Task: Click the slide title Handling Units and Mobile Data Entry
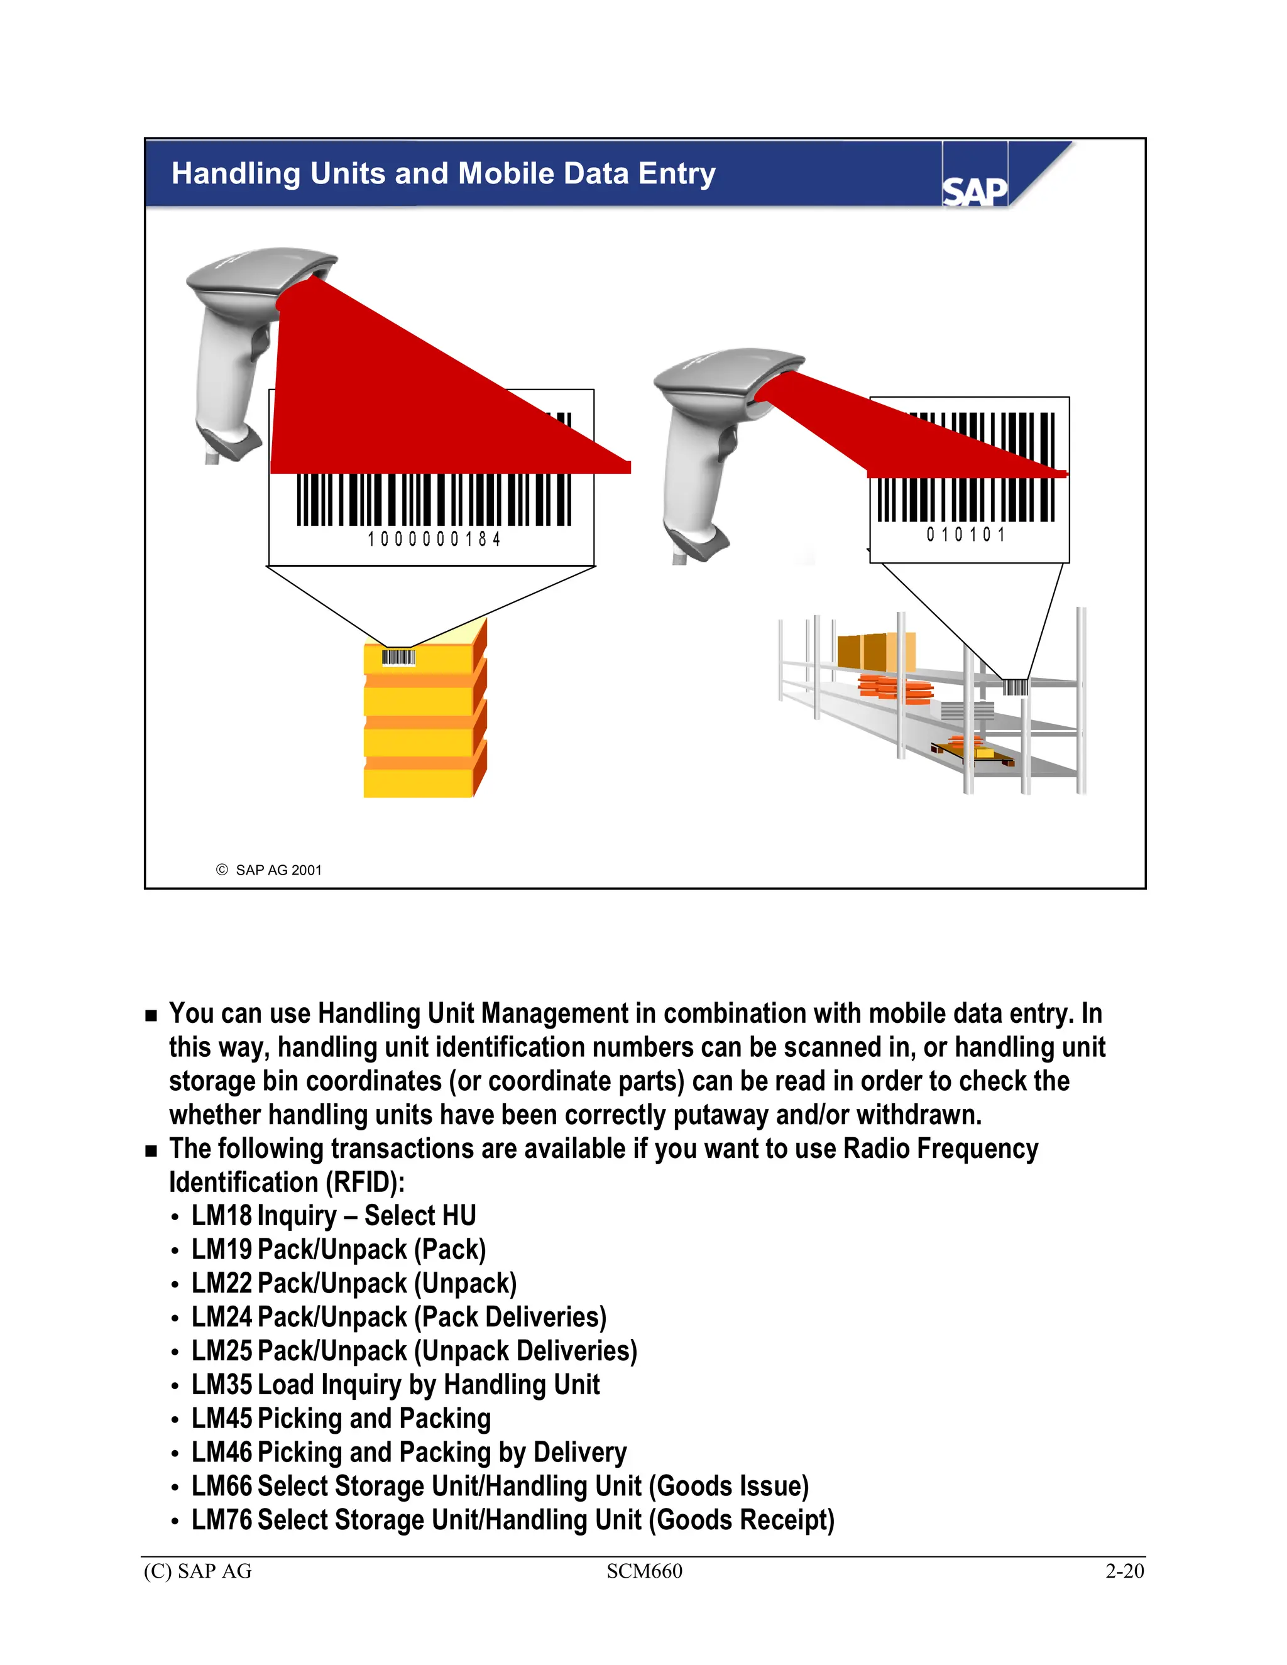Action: click(x=443, y=174)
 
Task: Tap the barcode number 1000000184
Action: click(x=434, y=539)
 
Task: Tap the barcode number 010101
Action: click(x=966, y=535)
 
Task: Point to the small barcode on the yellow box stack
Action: click(x=398, y=657)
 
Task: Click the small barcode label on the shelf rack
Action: click(x=1015, y=687)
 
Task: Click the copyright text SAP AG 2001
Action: click(x=278, y=870)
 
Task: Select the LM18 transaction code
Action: click(x=221, y=1215)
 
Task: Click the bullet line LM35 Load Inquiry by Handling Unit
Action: click(x=395, y=1384)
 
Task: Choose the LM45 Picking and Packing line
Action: click(x=341, y=1418)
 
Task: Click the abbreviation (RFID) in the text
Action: click(x=364, y=1182)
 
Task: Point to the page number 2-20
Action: click(x=1124, y=1571)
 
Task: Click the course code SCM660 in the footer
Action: click(x=644, y=1571)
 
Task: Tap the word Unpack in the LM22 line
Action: click(x=465, y=1283)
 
